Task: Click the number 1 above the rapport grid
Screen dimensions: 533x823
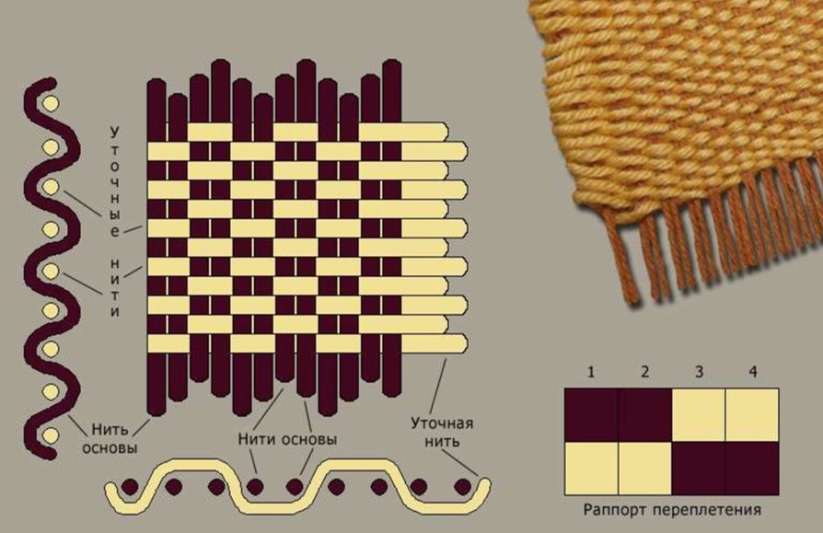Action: tap(590, 372)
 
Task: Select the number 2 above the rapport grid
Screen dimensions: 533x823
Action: tap(644, 372)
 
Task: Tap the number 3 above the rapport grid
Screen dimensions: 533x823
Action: tap(699, 372)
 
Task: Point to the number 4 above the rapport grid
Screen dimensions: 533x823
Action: tap(752, 372)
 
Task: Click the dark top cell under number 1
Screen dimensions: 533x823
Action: tap(590, 415)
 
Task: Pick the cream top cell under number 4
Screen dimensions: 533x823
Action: tap(752, 415)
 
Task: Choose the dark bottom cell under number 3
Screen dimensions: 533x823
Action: tap(699, 468)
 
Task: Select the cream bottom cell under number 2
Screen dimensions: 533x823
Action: tap(644, 468)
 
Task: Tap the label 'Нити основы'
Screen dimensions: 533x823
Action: tap(286, 440)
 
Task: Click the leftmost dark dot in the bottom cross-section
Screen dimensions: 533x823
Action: tap(130, 485)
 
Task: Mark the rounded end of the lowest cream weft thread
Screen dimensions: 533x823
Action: tap(458, 343)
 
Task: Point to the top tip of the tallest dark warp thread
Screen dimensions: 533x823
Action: tap(220, 64)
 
